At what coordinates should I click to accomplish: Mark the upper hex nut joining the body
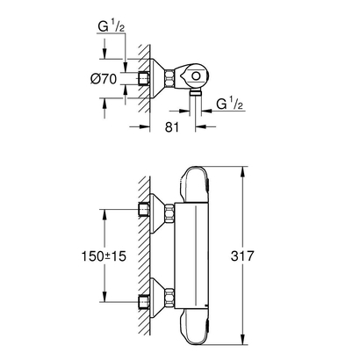tap(170, 211)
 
